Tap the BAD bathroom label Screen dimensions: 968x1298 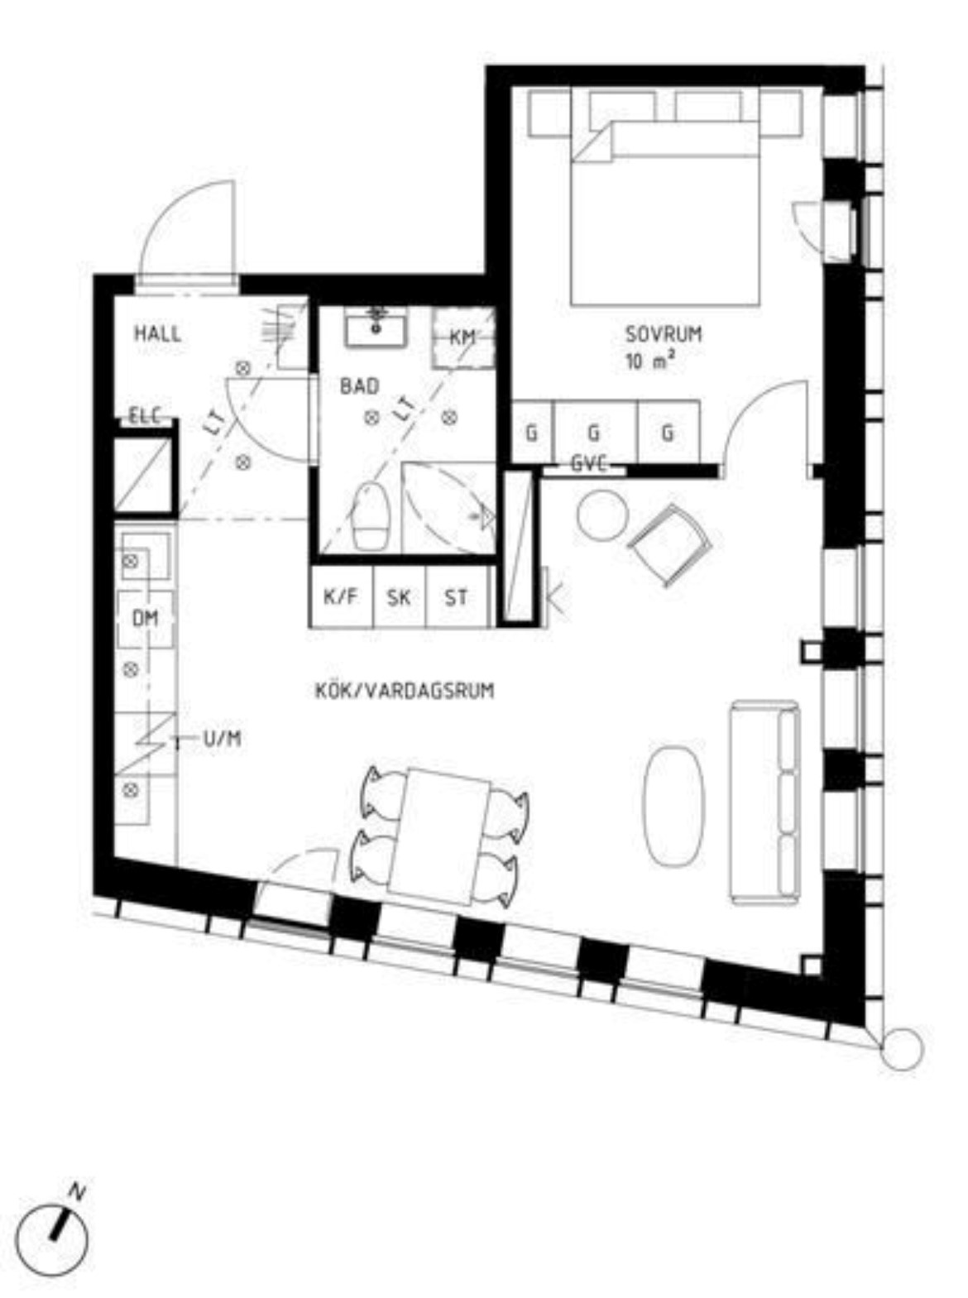pos(360,386)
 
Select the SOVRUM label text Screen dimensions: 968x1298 pos(664,335)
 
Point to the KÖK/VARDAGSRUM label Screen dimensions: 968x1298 pos(405,691)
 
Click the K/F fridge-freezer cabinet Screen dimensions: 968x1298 pos(341,596)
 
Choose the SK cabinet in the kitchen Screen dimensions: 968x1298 pos(399,596)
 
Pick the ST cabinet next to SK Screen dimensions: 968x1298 pos(457,596)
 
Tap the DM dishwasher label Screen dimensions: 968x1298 pos(145,619)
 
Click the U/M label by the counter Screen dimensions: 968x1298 pos(223,740)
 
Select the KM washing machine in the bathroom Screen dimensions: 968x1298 pos(463,338)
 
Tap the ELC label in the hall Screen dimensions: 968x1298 pos(145,416)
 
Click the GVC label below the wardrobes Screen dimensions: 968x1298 pos(589,464)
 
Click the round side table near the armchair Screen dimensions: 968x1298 pos(602,515)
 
